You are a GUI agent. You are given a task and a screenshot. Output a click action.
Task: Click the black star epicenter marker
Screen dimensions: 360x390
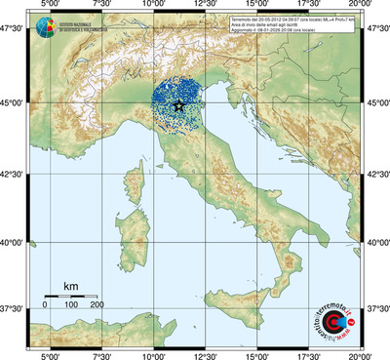click(x=176, y=104)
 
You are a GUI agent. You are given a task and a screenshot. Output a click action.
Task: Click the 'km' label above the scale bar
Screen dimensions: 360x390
click(x=70, y=286)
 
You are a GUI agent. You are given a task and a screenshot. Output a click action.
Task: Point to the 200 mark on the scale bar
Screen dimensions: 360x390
click(x=97, y=305)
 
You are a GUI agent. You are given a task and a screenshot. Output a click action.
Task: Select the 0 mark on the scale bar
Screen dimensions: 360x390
click(x=45, y=305)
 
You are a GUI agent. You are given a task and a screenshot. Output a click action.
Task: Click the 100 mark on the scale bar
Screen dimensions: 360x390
click(x=71, y=305)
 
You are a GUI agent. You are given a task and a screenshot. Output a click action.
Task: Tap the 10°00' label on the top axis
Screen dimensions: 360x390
click(x=154, y=5)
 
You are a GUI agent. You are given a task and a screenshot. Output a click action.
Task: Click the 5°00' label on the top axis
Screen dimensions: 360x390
click(x=50, y=5)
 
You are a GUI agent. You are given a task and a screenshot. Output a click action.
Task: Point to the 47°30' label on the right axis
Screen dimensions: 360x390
click(x=376, y=28)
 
